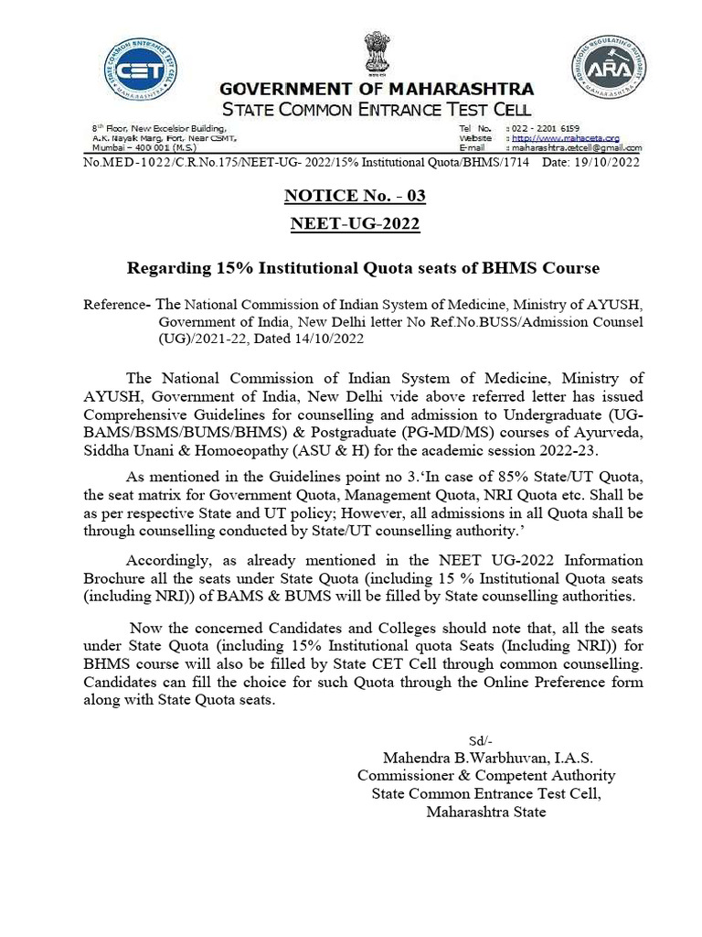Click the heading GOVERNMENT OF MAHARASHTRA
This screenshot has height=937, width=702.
376,90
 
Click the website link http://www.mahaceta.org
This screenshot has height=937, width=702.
567,137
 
